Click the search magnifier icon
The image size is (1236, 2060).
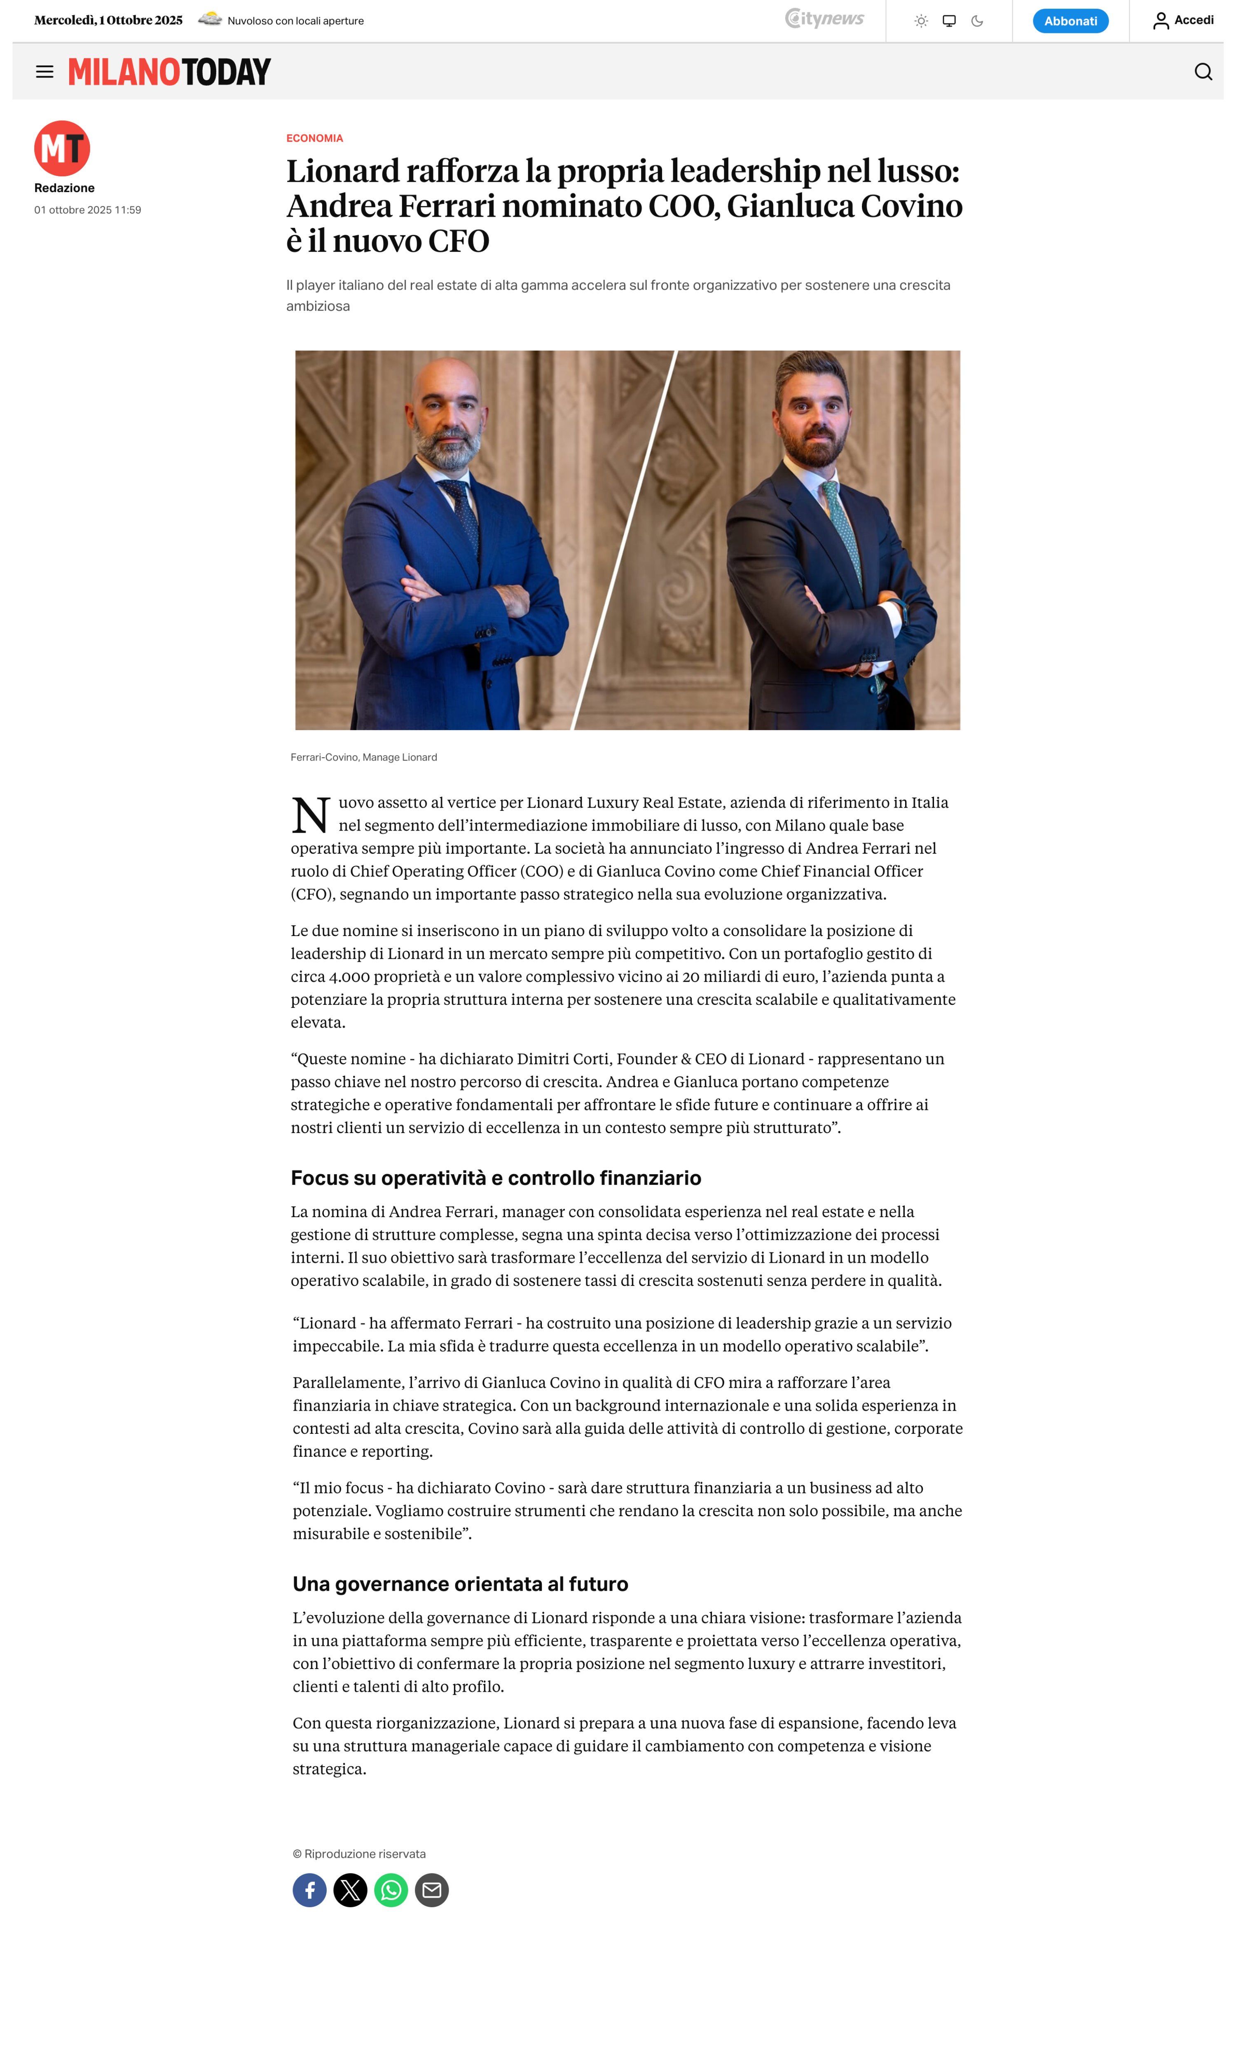(1203, 72)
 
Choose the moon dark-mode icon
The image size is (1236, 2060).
(977, 21)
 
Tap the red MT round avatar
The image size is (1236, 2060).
(62, 148)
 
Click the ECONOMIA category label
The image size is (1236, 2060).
(314, 138)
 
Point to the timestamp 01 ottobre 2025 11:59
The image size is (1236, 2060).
(87, 210)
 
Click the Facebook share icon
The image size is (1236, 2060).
(309, 1890)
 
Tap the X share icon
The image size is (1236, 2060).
(350, 1890)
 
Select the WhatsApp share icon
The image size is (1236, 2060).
(391, 1890)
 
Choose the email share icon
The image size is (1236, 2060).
(431, 1890)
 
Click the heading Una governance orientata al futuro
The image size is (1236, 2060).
(460, 1584)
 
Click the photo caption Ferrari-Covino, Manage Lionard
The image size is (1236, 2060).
(363, 757)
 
